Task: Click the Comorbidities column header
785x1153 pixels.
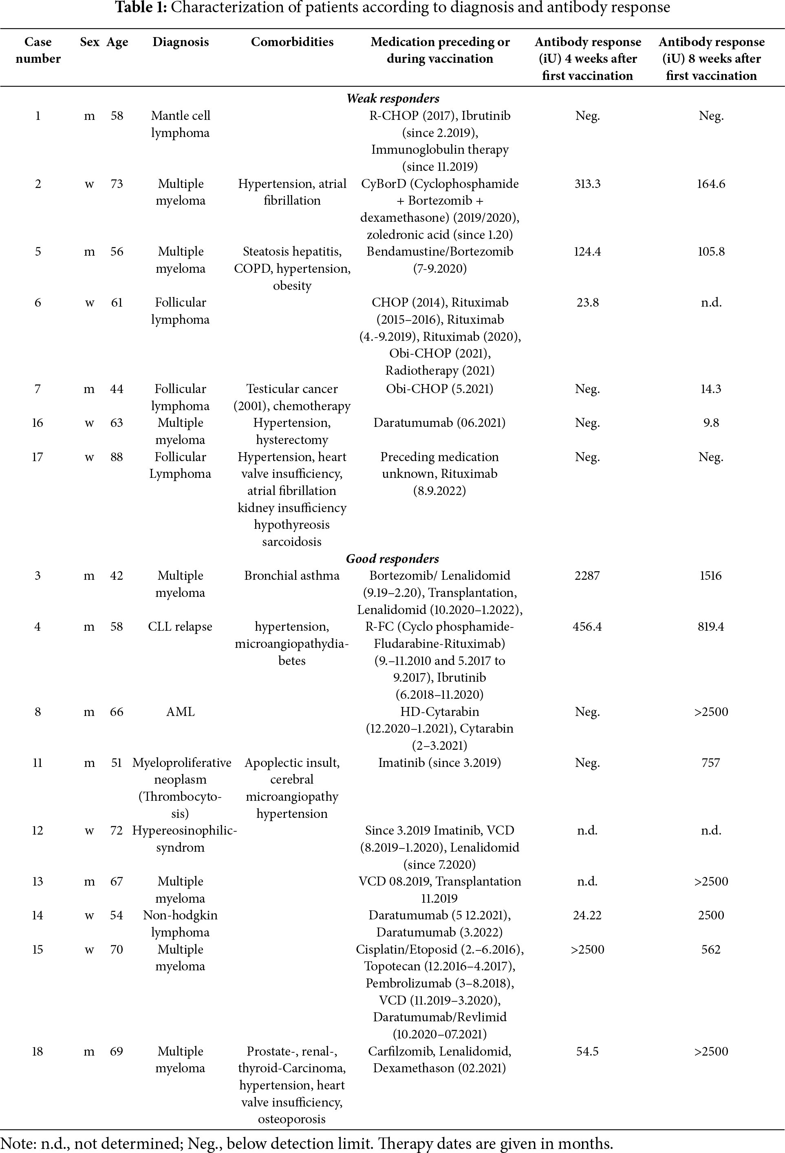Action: pos(292,42)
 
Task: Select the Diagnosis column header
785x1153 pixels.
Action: pos(181,42)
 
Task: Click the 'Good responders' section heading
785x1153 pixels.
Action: pos(392,559)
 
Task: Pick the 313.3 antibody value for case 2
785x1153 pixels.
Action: pos(587,184)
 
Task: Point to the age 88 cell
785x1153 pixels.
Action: pos(117,457)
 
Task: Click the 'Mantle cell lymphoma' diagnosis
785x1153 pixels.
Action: pos(181,124)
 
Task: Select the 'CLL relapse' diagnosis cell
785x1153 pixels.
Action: pos(180,627)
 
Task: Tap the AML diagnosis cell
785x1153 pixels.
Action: pos(181,712)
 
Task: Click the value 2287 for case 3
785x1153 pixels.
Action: pos(587,576)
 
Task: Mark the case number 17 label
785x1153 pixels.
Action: pos(37,457)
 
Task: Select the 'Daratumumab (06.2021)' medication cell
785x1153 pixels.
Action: pos(439,423)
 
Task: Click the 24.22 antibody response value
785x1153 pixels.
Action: pos(587,915)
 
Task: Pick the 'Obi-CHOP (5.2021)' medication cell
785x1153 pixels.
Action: pos(439,389)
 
